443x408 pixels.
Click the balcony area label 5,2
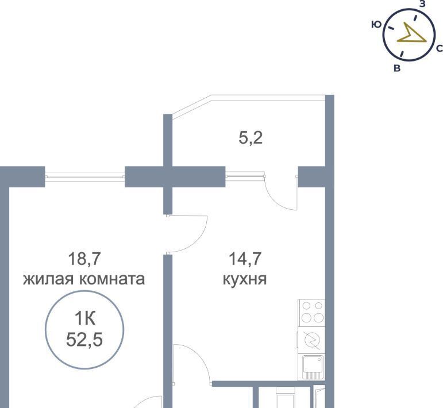tap(251, 138)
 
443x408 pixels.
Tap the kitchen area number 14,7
tap(245, 259)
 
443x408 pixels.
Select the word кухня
tap(245, 279)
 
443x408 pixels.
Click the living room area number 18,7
tap(84, 259)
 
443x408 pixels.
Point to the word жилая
tap(48, 279)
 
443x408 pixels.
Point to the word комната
tap(112, 279)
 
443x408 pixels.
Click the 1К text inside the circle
tap(85, 318)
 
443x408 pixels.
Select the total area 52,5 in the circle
tap(84, 340)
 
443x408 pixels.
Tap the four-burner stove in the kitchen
tap(311, 313)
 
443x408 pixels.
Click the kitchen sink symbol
tap(312, 367)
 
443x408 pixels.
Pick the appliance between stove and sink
tap(311, 340)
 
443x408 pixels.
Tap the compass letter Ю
tap(376, 25)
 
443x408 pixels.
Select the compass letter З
tap(422, 4)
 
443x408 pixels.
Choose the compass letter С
tap(440, 49)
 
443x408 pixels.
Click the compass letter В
tap(397, 68)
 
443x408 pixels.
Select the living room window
tap(85, 176)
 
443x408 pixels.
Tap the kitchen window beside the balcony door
tap(245, 176)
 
